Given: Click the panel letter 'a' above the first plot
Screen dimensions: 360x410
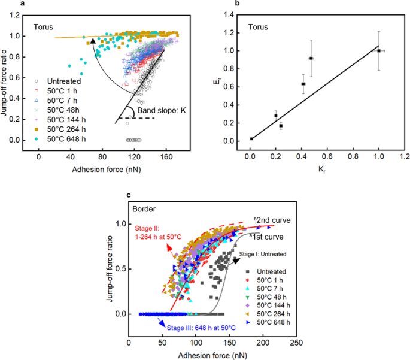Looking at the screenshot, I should [22, 4].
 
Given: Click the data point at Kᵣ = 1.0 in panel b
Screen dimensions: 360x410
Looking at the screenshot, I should [379, 51].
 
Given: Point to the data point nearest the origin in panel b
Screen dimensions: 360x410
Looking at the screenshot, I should [251, 139].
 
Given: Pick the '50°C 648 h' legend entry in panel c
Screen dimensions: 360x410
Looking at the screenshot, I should [274, 322].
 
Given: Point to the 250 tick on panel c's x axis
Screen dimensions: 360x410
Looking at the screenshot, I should [294, 343].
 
